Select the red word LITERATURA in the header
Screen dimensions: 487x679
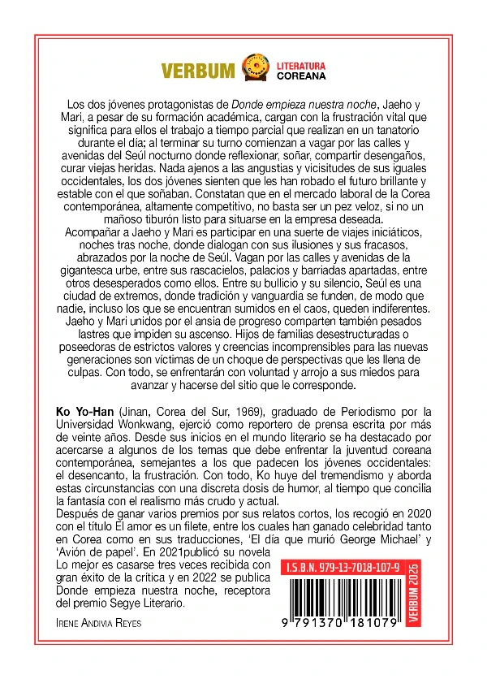pos(301,63)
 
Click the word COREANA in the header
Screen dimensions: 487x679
pos(301,76)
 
